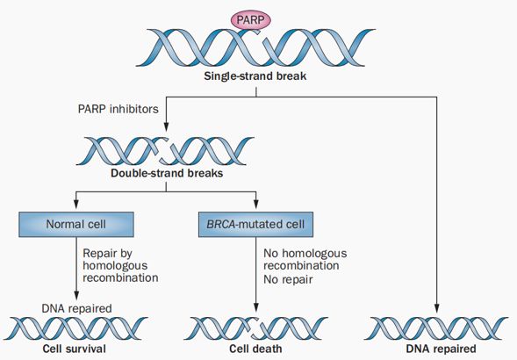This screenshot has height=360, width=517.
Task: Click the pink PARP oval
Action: [x=250, y=20]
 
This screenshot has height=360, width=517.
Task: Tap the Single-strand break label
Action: [x=255, y=76]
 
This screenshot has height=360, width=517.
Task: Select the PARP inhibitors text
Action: [x=118, y=109]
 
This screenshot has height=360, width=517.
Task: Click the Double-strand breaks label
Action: [x=167, y=173]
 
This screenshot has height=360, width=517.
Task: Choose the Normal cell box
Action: [x=76, y=225]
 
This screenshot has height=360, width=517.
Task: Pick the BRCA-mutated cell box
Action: [x=255, y=225]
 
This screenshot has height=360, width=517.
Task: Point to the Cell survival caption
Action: [x=75, y=349]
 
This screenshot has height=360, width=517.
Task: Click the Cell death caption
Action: [x=255, y=349]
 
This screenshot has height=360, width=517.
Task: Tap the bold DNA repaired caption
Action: [x=441, y=349]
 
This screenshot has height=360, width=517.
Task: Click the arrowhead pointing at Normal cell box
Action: [x=76, y=204]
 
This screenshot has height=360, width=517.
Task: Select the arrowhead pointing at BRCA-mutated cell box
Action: [x=255, y=204]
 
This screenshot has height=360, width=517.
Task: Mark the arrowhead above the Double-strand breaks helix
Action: [x=166, y=126]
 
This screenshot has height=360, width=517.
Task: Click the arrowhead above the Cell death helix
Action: [x=255, y=307]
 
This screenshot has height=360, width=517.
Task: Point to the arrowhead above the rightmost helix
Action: [x=437, y=308]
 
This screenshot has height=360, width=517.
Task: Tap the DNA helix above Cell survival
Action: [x=75, y=328]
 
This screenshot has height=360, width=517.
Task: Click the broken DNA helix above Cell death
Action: [x=255, y=328]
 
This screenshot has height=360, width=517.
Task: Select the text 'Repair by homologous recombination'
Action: [x=120, y=266]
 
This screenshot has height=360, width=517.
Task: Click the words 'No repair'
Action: [x=288, y=279]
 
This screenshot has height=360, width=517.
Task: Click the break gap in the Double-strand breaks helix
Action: [x=164, y=151]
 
